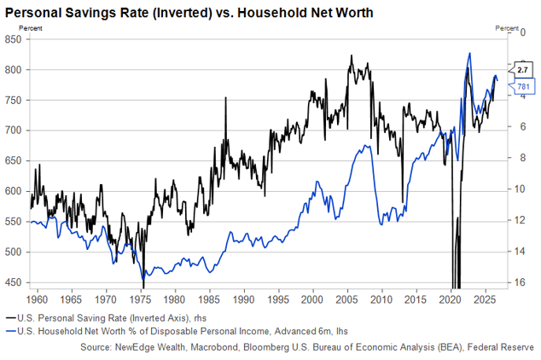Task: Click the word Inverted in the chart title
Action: point(184,13)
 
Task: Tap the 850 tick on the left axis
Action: point(14,39)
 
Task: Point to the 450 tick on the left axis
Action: point(14,282)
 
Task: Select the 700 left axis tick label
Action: point(14,131)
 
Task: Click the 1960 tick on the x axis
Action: point(38,299)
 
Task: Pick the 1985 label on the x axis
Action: point(210,299)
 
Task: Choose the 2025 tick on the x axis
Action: point(486,299)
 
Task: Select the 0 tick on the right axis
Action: point(523,32)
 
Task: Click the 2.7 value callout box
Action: point(521,70)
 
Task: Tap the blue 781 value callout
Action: point(522,86)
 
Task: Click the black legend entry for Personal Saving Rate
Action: point(107,318)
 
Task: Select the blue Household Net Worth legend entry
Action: point(177,331)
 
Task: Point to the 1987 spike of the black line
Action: point(225,97)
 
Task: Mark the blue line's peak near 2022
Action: point(469,53)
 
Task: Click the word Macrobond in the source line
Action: point(214,347)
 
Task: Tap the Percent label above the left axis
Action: point(31,28)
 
